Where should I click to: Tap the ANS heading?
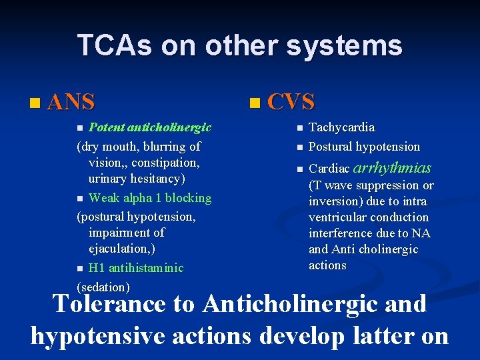click(71, 102)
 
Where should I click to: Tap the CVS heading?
click(291, 102)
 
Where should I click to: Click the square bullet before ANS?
click(35, 103)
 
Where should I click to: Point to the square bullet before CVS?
click(253, 103)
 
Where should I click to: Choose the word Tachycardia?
click(342, 127)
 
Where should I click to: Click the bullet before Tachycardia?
click(300, 128)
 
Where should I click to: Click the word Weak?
click(103, 198)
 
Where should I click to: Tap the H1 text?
click(97, 268)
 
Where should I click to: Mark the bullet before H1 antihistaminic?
click(81, 269)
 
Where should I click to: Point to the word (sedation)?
click(103, 287)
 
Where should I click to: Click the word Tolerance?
click(109, 304)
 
